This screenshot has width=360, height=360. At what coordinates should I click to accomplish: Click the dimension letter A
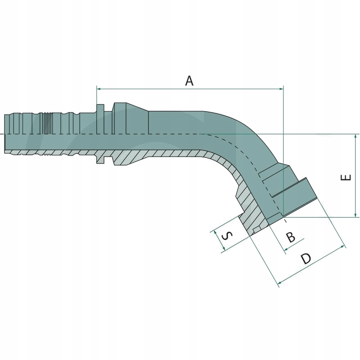pyautogui.click(x=189, y=81)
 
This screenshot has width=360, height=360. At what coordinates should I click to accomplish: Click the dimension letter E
pyautogui.click(x=346, y=177)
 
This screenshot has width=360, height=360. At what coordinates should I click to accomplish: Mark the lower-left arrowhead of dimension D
pyautogui.click(x=280, y=283)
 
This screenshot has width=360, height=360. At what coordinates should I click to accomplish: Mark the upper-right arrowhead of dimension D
pyautogui.click(x=344, y=247)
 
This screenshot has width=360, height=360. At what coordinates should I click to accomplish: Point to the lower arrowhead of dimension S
pyautogui.click(x=222, y=251)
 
